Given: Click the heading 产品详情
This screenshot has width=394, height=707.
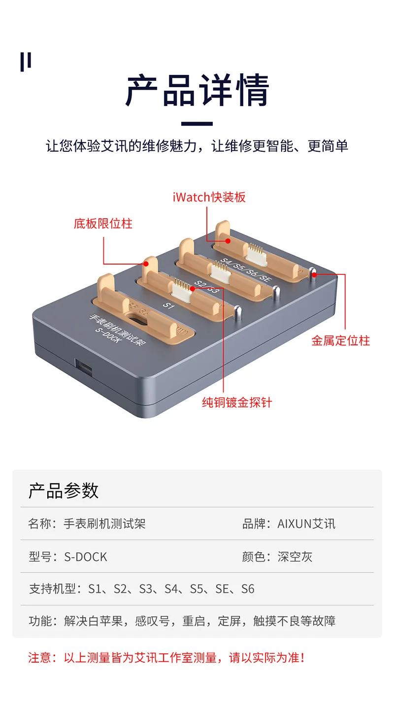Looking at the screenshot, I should [x=197, y=91].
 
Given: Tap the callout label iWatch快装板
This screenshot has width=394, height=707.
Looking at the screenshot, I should [x=209, y=198].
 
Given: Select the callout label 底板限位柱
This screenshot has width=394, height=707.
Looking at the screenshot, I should [x=103, y=224].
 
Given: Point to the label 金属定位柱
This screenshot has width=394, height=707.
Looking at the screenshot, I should [x=340, y=340].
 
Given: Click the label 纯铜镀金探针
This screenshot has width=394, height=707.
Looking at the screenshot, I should [x=237, y=403].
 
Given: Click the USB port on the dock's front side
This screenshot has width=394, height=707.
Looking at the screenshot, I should [x=81, y=367].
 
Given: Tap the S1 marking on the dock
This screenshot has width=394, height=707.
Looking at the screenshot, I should [x=169, y=305].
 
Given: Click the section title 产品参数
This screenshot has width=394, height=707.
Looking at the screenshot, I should [x=64, y=491].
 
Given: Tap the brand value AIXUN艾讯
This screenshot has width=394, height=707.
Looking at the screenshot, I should [x=306, y=523].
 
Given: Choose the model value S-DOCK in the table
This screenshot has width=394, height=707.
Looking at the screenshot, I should [x=86, y=557].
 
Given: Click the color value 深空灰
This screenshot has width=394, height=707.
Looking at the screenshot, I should [x=295, y=557].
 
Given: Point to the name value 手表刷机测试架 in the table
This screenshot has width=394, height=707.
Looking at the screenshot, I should [x=105, y=523].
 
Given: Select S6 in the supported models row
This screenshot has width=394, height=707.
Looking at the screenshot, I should [x=248, y=589].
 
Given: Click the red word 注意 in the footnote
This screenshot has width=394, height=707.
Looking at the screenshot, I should [x=39, y=657].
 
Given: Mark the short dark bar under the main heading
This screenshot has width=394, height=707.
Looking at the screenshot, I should [x=197, y=124].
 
